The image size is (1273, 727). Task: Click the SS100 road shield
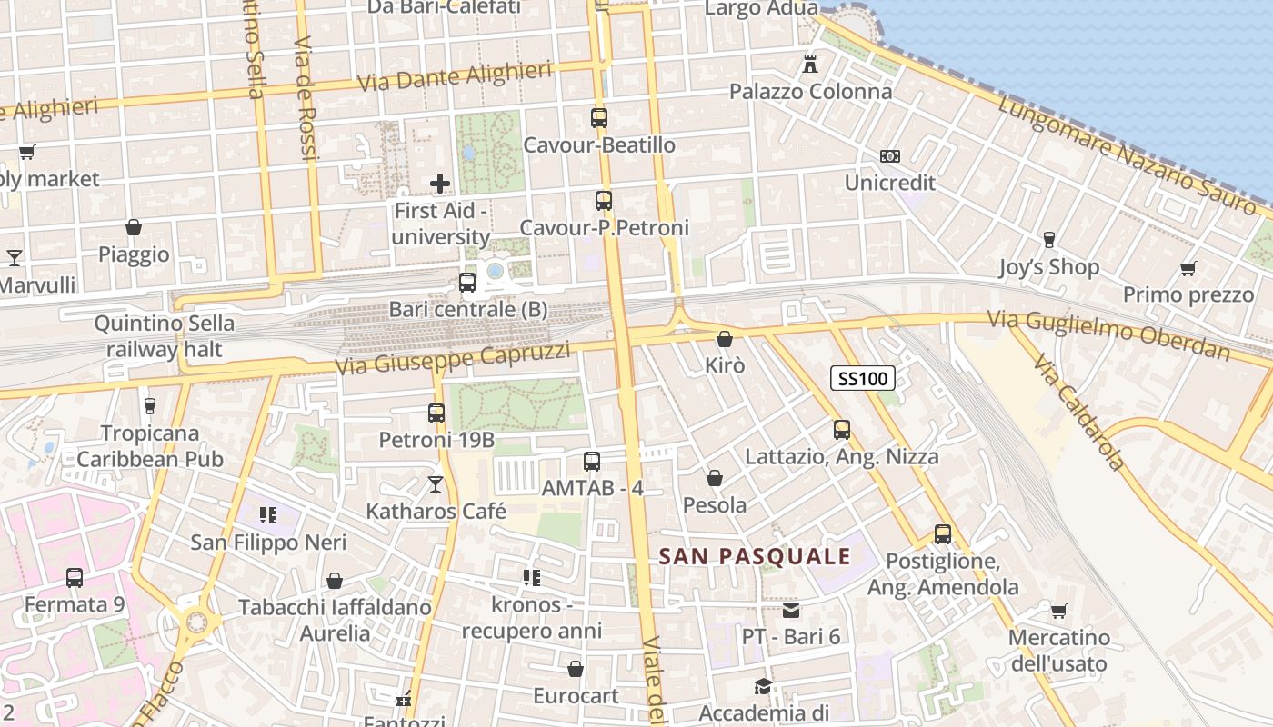pos(862,378)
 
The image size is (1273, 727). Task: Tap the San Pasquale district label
pos(755,556)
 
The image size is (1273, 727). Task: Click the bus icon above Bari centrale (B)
pos(467,282)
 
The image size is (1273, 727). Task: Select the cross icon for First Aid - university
pos(440,184)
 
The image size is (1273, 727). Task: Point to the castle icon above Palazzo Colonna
pos(810,65)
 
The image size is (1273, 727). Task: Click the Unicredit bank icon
pos(890,156)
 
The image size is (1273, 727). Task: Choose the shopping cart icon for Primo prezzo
pos(1188,268)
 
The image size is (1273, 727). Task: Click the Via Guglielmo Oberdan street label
pos(1109,334)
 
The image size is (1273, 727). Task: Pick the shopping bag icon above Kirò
pos(725,339)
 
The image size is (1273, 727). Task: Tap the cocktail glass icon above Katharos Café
pos(436,484)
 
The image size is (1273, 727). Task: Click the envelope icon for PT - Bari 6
pos(791,610)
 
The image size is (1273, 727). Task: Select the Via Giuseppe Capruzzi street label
pos(453,359)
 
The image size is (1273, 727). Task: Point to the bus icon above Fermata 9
pos(75,577)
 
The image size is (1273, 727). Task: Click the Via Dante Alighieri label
pos(455,76)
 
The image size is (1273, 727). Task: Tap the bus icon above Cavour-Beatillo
pos(599,117)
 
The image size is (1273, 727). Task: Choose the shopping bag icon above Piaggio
pos(134,226)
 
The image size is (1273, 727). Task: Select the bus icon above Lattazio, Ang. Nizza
pos(842,430)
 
